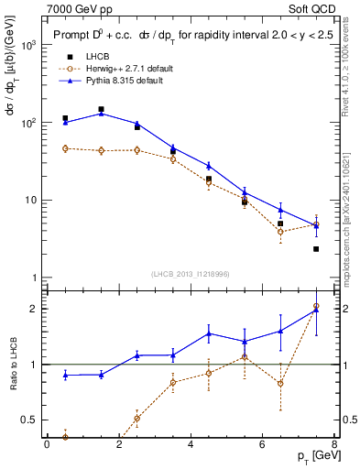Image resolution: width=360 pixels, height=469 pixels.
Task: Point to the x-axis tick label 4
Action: pyautogui.click(x=191, y=445)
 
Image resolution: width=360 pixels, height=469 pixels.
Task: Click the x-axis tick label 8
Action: pyautogui.click(x=334, y=445)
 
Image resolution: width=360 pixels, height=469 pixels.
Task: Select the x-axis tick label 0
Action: pyautogui.click(x=47, y=445)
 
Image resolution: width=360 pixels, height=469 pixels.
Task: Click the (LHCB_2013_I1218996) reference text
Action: pyautogui.click(x=191, y=274)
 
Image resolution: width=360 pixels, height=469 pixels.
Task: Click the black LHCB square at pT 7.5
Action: pyautogui.click(x=316, y=249)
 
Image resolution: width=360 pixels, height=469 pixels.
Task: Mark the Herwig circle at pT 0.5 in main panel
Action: pyautogui.click(x=65, y=148)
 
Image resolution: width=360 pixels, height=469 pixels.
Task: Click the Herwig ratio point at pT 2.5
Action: pyautogui.click(x=136, y=419)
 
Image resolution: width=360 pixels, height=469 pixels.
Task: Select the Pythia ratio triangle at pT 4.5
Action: pyautogui.click(x=209, y=333)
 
